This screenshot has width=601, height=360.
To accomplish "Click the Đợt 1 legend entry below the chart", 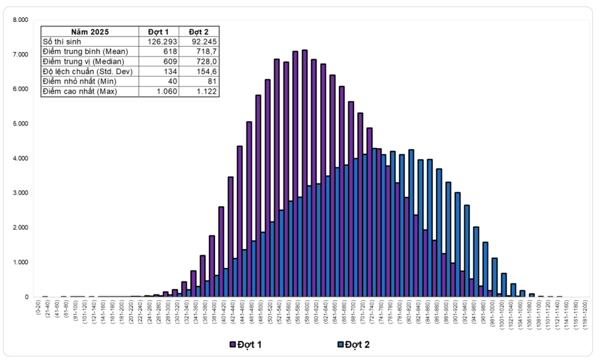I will pyautogui.click(x=246, y=344).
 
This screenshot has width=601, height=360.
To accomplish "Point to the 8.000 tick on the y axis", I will pyautogui.click(x=20, y=19).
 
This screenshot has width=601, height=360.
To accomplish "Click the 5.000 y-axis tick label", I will pyautogui.click(x=20, y=124).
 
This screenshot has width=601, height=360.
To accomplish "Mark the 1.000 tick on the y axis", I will pyautogui.click(x=20, y=262).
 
